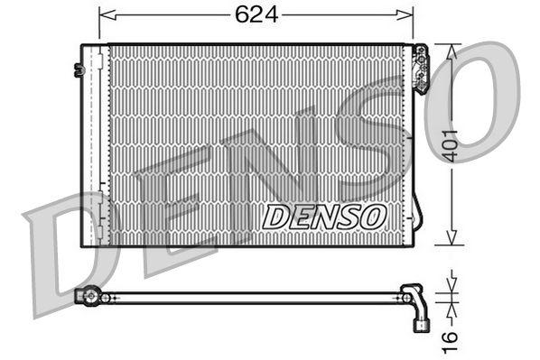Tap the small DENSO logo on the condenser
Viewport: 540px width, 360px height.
point(324,216)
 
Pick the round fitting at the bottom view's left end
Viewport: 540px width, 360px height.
point(88,295)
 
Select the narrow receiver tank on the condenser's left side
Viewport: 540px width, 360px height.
point(93,144)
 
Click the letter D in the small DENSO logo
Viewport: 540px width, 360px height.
point(273,217)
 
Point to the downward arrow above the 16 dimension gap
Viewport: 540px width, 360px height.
point(449,285)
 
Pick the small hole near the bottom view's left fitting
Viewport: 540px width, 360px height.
point(106,297)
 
